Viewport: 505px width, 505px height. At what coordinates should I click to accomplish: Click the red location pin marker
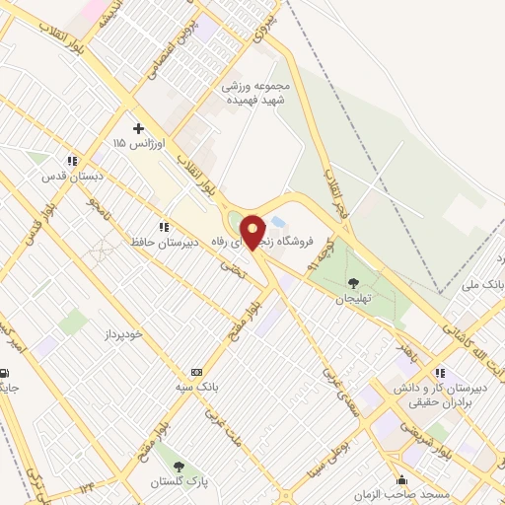(x=253, y=232)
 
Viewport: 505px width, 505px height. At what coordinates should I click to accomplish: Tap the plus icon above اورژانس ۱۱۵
(x=138, y=128)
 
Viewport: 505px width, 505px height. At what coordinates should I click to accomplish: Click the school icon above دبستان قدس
(x=70, y=161)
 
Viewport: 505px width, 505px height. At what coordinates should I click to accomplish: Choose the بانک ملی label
(x=483, y=283)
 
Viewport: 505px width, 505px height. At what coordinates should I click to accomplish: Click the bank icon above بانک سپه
(x=197, y=372)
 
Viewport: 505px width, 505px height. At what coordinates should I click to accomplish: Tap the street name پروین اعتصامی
(x=160, y=51)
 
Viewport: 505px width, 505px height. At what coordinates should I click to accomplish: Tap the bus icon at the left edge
(x=6, y=373)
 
